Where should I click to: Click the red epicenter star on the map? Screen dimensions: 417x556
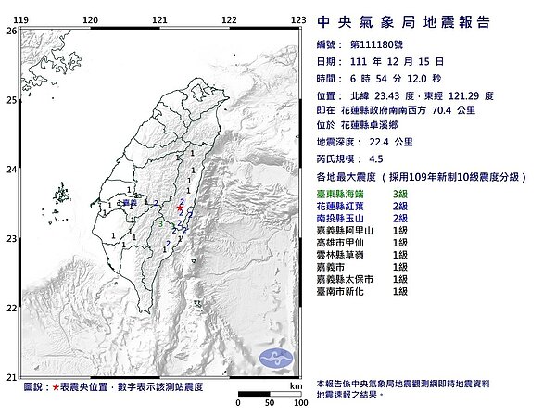[x=179, y=209]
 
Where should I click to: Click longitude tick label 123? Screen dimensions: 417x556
[x=298, y=19]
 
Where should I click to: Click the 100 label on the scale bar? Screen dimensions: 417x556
[x=298, y=404]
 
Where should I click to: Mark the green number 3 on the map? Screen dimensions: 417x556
[x=160, y=223]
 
